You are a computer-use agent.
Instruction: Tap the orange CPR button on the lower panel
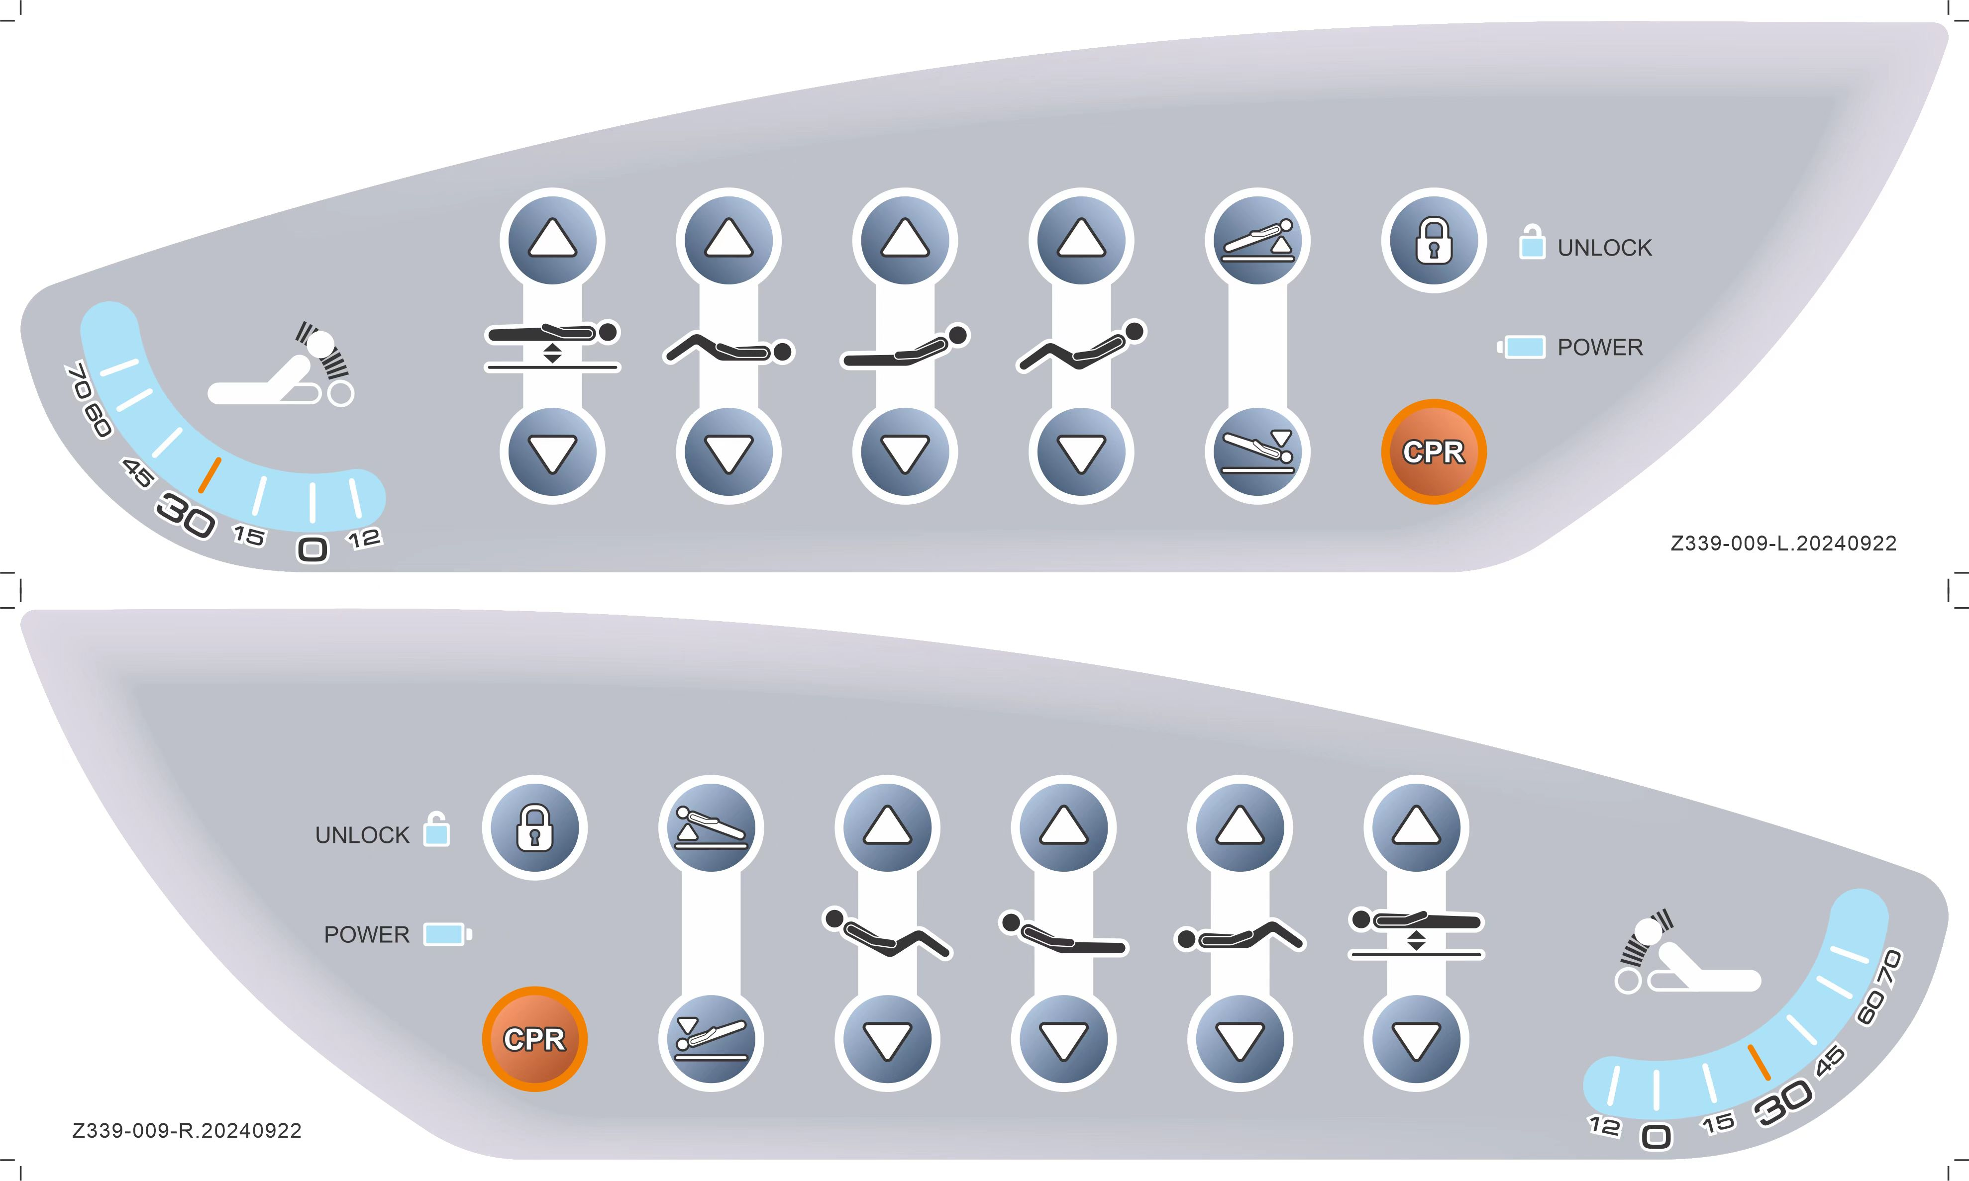tap(534, 1039)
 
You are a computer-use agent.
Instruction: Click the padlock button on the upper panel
tap(1433, 240)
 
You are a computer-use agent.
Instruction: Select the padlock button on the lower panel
tap(534, 827)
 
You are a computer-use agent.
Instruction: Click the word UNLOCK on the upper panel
tap(1604, 248)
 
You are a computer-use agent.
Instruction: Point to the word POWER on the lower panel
tap(366, 934)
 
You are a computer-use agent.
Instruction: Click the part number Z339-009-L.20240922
tap(1783, 544)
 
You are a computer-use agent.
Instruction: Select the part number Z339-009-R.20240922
tap(187, 1131)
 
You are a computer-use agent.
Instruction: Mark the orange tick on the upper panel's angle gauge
tap(209, 475)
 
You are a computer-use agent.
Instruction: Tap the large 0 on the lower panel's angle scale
tap(1657, 1136)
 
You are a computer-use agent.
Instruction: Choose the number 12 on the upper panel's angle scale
tap(365, 539)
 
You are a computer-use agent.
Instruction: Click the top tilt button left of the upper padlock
tap(1257, 240)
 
